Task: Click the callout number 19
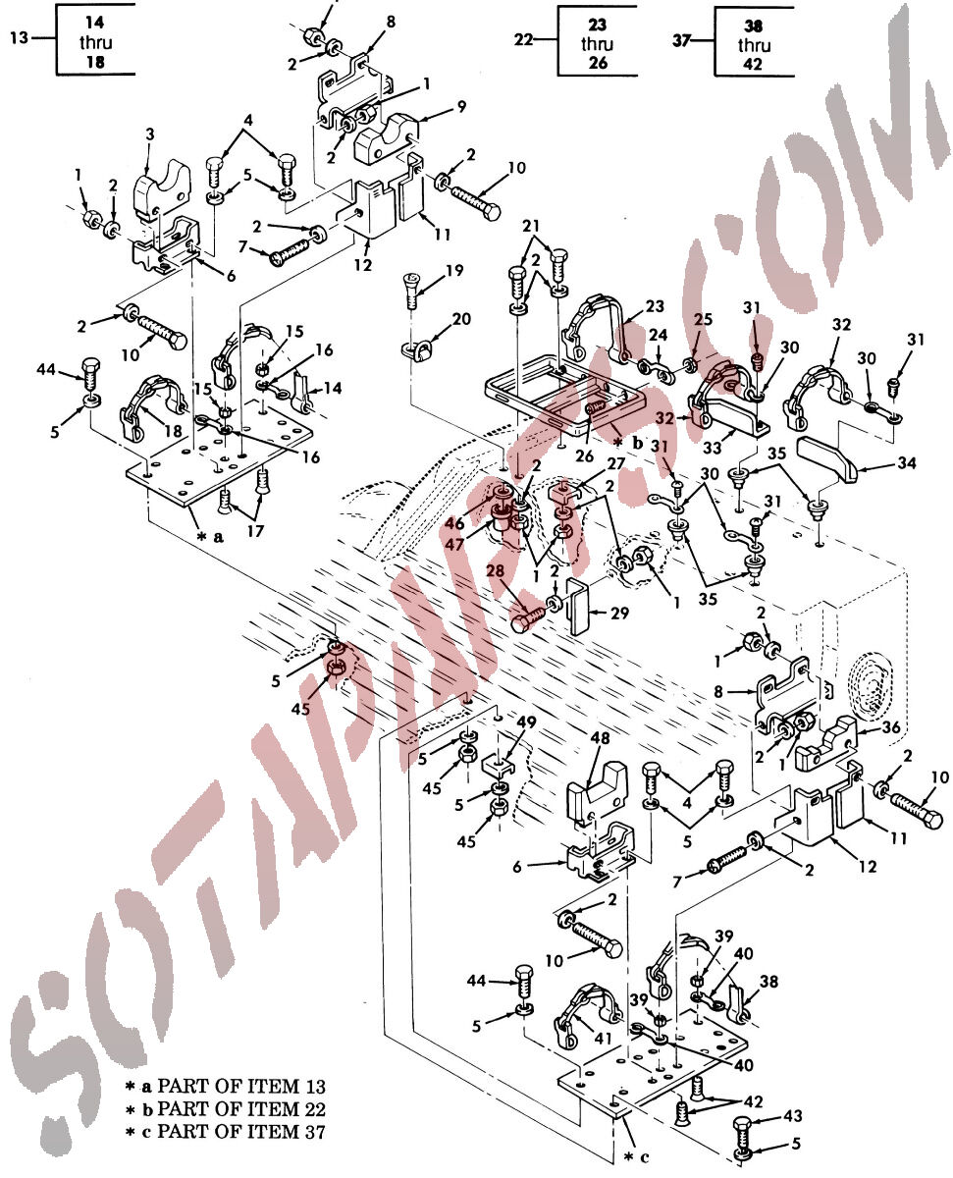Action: click(x=454, y=271)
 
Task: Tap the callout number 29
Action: click(x=619, y=613)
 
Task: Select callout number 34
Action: click(x=906, y=462)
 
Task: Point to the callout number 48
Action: click(x=600, y=738)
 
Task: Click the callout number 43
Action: click(x=793, y=1115)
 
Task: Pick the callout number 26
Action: click(x=584, y=455)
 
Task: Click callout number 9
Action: click(x=461, y=106)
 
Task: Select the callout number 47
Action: click(x=454, y=545)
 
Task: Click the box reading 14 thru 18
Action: click(x=95, y=41)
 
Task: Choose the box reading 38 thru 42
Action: click(x=754, y=45)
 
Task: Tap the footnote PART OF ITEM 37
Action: click(x=241, y=1132)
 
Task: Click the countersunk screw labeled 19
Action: click(x=409, y=290)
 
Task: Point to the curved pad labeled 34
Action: click(x=827, y=455)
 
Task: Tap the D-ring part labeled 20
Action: click(x=413, y=349)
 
